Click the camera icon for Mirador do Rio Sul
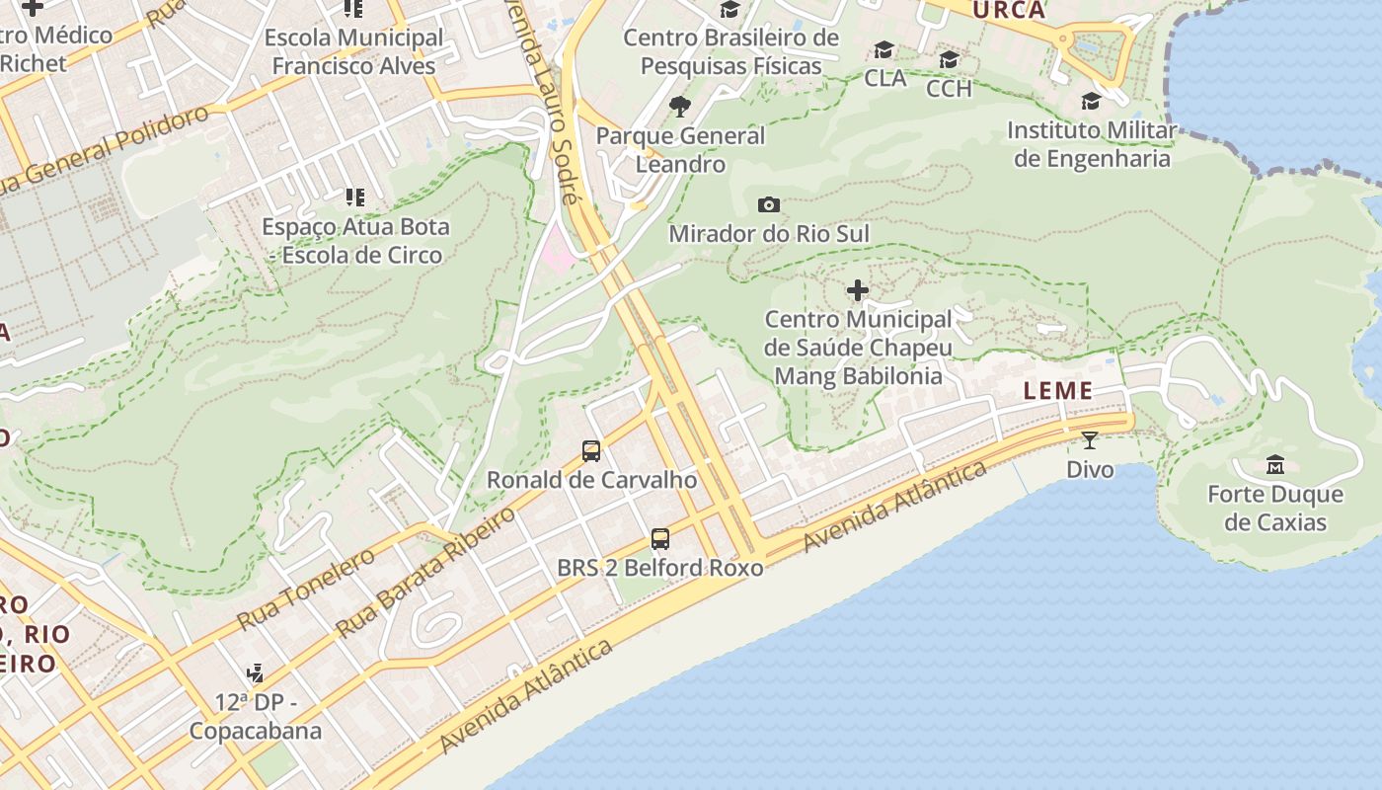coord(768,205)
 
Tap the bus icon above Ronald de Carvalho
coord(591,451)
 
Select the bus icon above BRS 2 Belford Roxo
coord(660,539)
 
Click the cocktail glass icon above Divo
coord(1090,440)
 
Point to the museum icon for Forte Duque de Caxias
coord(1275,464)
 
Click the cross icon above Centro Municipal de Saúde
coord(858,290)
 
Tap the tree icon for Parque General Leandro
coord(679,107)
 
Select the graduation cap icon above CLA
coord(883,50)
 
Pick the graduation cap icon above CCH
coord(949,60)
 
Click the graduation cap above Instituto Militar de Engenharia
coord(1091,102)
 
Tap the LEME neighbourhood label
coord(1058,391)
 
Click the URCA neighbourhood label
coord(1008,11)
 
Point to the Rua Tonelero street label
coord(306,590)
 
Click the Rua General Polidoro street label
coord(104,150)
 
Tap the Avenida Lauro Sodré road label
coord(539,99)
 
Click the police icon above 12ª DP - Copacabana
coord(255,673)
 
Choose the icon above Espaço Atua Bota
coord(354,197)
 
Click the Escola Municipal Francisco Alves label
coord(353,52)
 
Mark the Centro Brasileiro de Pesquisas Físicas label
coord(730,52)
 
